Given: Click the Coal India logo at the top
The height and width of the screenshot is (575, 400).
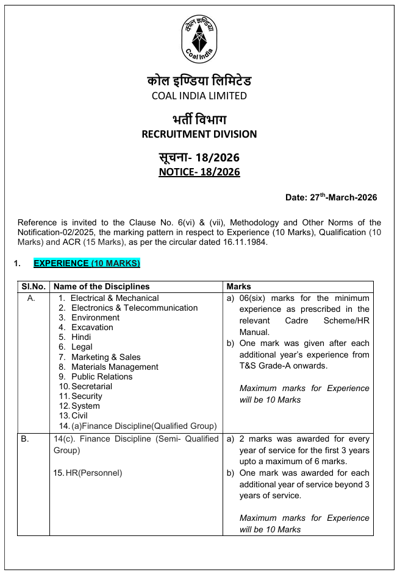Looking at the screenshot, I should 199,37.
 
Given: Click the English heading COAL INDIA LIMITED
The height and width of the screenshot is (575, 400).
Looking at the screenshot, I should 199,96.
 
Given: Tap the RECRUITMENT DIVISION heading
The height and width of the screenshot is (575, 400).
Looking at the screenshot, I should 199,134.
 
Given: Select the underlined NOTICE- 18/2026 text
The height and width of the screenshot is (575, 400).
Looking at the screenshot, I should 199,172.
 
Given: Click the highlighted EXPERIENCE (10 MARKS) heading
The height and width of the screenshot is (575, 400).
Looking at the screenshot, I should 87,263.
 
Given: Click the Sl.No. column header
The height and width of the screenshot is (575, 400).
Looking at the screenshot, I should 34,286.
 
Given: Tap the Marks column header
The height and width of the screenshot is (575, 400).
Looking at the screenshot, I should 238,286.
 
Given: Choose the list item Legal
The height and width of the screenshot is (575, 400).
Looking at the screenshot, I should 82,347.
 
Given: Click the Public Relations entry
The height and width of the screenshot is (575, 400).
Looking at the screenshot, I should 102,376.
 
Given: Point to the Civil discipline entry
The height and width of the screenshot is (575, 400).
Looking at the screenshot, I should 79,415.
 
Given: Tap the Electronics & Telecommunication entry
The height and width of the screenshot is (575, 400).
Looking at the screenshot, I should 134,308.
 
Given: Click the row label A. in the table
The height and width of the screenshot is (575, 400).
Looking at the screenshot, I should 32,298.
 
